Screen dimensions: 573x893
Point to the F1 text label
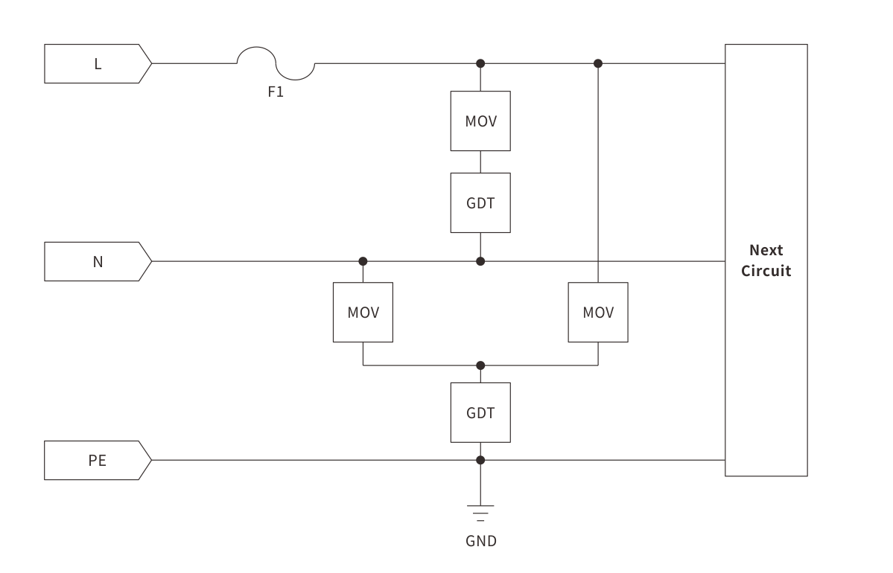276,94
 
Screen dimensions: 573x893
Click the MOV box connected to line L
480,121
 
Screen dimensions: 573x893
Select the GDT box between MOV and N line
480,202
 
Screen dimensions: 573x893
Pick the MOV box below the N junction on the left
363,313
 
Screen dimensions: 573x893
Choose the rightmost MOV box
598,313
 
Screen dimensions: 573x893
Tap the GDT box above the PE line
480,412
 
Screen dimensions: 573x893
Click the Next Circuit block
766,260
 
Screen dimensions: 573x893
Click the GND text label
480,541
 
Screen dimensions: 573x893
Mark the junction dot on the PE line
480,460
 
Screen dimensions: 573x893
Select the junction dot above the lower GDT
480,365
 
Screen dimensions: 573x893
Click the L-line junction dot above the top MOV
480,63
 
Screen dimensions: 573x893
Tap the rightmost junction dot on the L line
598,63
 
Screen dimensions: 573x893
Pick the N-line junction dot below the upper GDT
480,261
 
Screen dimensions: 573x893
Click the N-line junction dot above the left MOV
363,261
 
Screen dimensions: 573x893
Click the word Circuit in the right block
766,271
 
